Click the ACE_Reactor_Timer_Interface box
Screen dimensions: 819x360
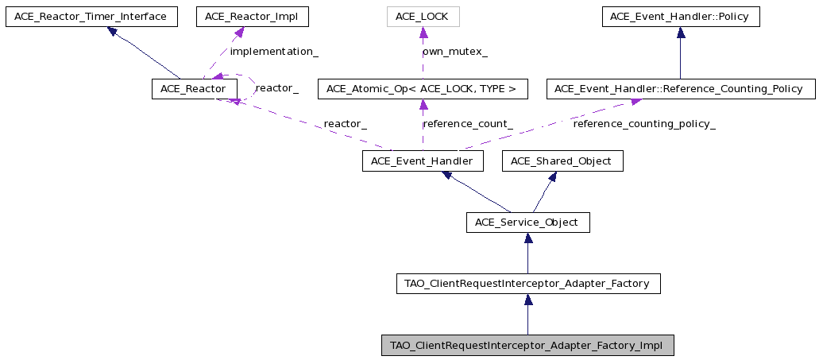point(91,17)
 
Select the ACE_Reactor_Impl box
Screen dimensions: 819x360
point(253,17)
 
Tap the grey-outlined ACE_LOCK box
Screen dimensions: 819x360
point(423,17)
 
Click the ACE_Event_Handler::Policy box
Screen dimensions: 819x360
point(681,17)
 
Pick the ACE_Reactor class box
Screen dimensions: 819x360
point(195,89)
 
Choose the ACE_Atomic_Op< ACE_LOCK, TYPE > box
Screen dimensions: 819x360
point(423,89)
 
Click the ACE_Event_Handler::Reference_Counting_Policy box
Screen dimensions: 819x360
point(681,89)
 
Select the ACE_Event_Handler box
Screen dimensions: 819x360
point(423,161)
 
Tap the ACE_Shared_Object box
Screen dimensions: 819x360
point(562,161)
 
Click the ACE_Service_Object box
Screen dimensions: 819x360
point(528,223)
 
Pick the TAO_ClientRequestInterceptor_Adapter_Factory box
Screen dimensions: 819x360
point(528,284)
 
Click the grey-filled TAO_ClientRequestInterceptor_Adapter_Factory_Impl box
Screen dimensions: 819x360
point(527,346)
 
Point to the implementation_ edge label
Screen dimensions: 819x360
point(274,52)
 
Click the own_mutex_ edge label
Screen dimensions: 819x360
point(455,52)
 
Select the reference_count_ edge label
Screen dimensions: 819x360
point(467,124)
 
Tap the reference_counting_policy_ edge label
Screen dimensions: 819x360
point(644,124)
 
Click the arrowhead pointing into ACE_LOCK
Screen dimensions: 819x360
point(423,33)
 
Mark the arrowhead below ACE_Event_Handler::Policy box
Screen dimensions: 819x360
point(681,33)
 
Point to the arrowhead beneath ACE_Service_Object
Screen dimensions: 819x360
point(528,238)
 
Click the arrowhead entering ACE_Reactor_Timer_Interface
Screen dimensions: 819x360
point(112,31)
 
